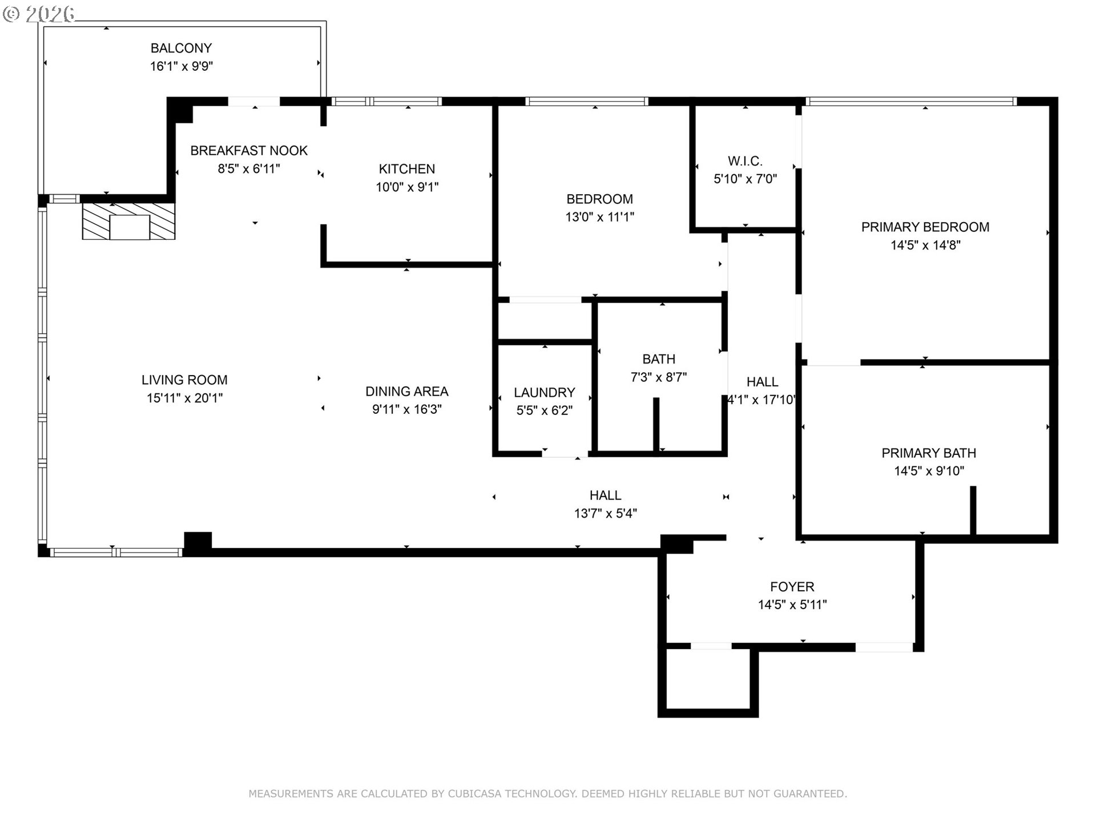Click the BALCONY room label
tap(181, 48)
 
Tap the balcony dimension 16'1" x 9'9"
tap(181, 66)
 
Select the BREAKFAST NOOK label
tap(249, 151)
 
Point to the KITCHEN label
tap(407, 169)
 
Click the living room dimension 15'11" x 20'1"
tap(184, 398)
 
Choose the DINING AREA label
tap(407, 392)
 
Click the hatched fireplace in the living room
tap(128, 221)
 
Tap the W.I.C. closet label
tap(745, 161)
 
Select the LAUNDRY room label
tap(544, 393)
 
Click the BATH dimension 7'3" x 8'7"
tap(659, 377)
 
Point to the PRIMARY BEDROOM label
tap(925, 227)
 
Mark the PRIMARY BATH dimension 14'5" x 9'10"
tap(929, 471)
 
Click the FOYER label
tap(792, 587)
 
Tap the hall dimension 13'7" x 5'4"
tap(606, 513)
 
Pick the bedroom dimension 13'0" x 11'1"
tap(599, 217)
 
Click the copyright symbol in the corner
tap(11, 14)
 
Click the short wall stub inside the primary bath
tap(973, 510)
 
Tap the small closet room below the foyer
tap(708, 679)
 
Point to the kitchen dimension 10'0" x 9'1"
tap(407, 187)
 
